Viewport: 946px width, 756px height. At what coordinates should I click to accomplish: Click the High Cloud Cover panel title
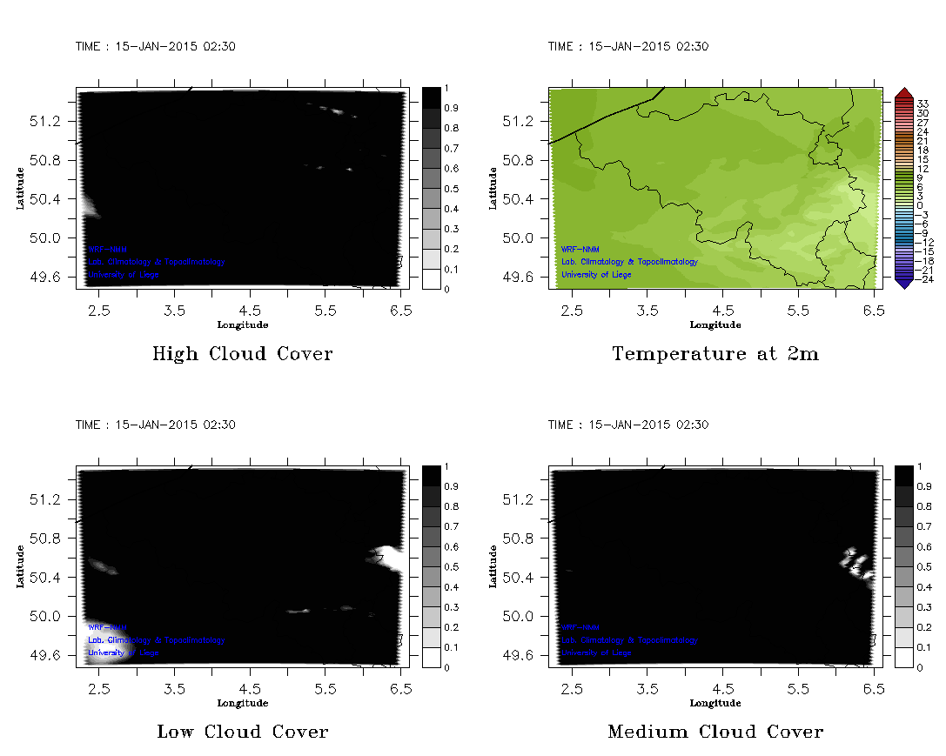point(242,354)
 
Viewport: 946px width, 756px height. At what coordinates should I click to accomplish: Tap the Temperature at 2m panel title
point(715,354)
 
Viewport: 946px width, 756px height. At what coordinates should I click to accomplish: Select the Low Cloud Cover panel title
point(242,732)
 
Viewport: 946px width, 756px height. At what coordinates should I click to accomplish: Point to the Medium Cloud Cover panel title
point(715,732)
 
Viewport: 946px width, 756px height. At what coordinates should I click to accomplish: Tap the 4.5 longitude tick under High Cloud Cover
point(250,310)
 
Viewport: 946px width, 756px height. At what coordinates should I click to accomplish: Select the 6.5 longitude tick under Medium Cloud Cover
point(874,688)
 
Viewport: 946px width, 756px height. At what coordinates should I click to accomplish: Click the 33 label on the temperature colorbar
point(923,104)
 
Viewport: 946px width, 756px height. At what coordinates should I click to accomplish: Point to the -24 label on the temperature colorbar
point(923,279)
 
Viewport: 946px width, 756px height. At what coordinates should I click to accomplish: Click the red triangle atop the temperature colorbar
point(903,93)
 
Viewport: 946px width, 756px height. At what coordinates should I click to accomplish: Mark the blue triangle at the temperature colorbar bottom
point(903,282)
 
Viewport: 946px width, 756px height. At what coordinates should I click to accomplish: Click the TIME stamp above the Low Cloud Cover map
point(155,425)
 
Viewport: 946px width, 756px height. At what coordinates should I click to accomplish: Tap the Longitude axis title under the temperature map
point(715,325)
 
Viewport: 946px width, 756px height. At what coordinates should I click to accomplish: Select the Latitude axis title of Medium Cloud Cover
point(493,565)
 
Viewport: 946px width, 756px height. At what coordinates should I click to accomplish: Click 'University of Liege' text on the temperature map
point(596,275)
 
